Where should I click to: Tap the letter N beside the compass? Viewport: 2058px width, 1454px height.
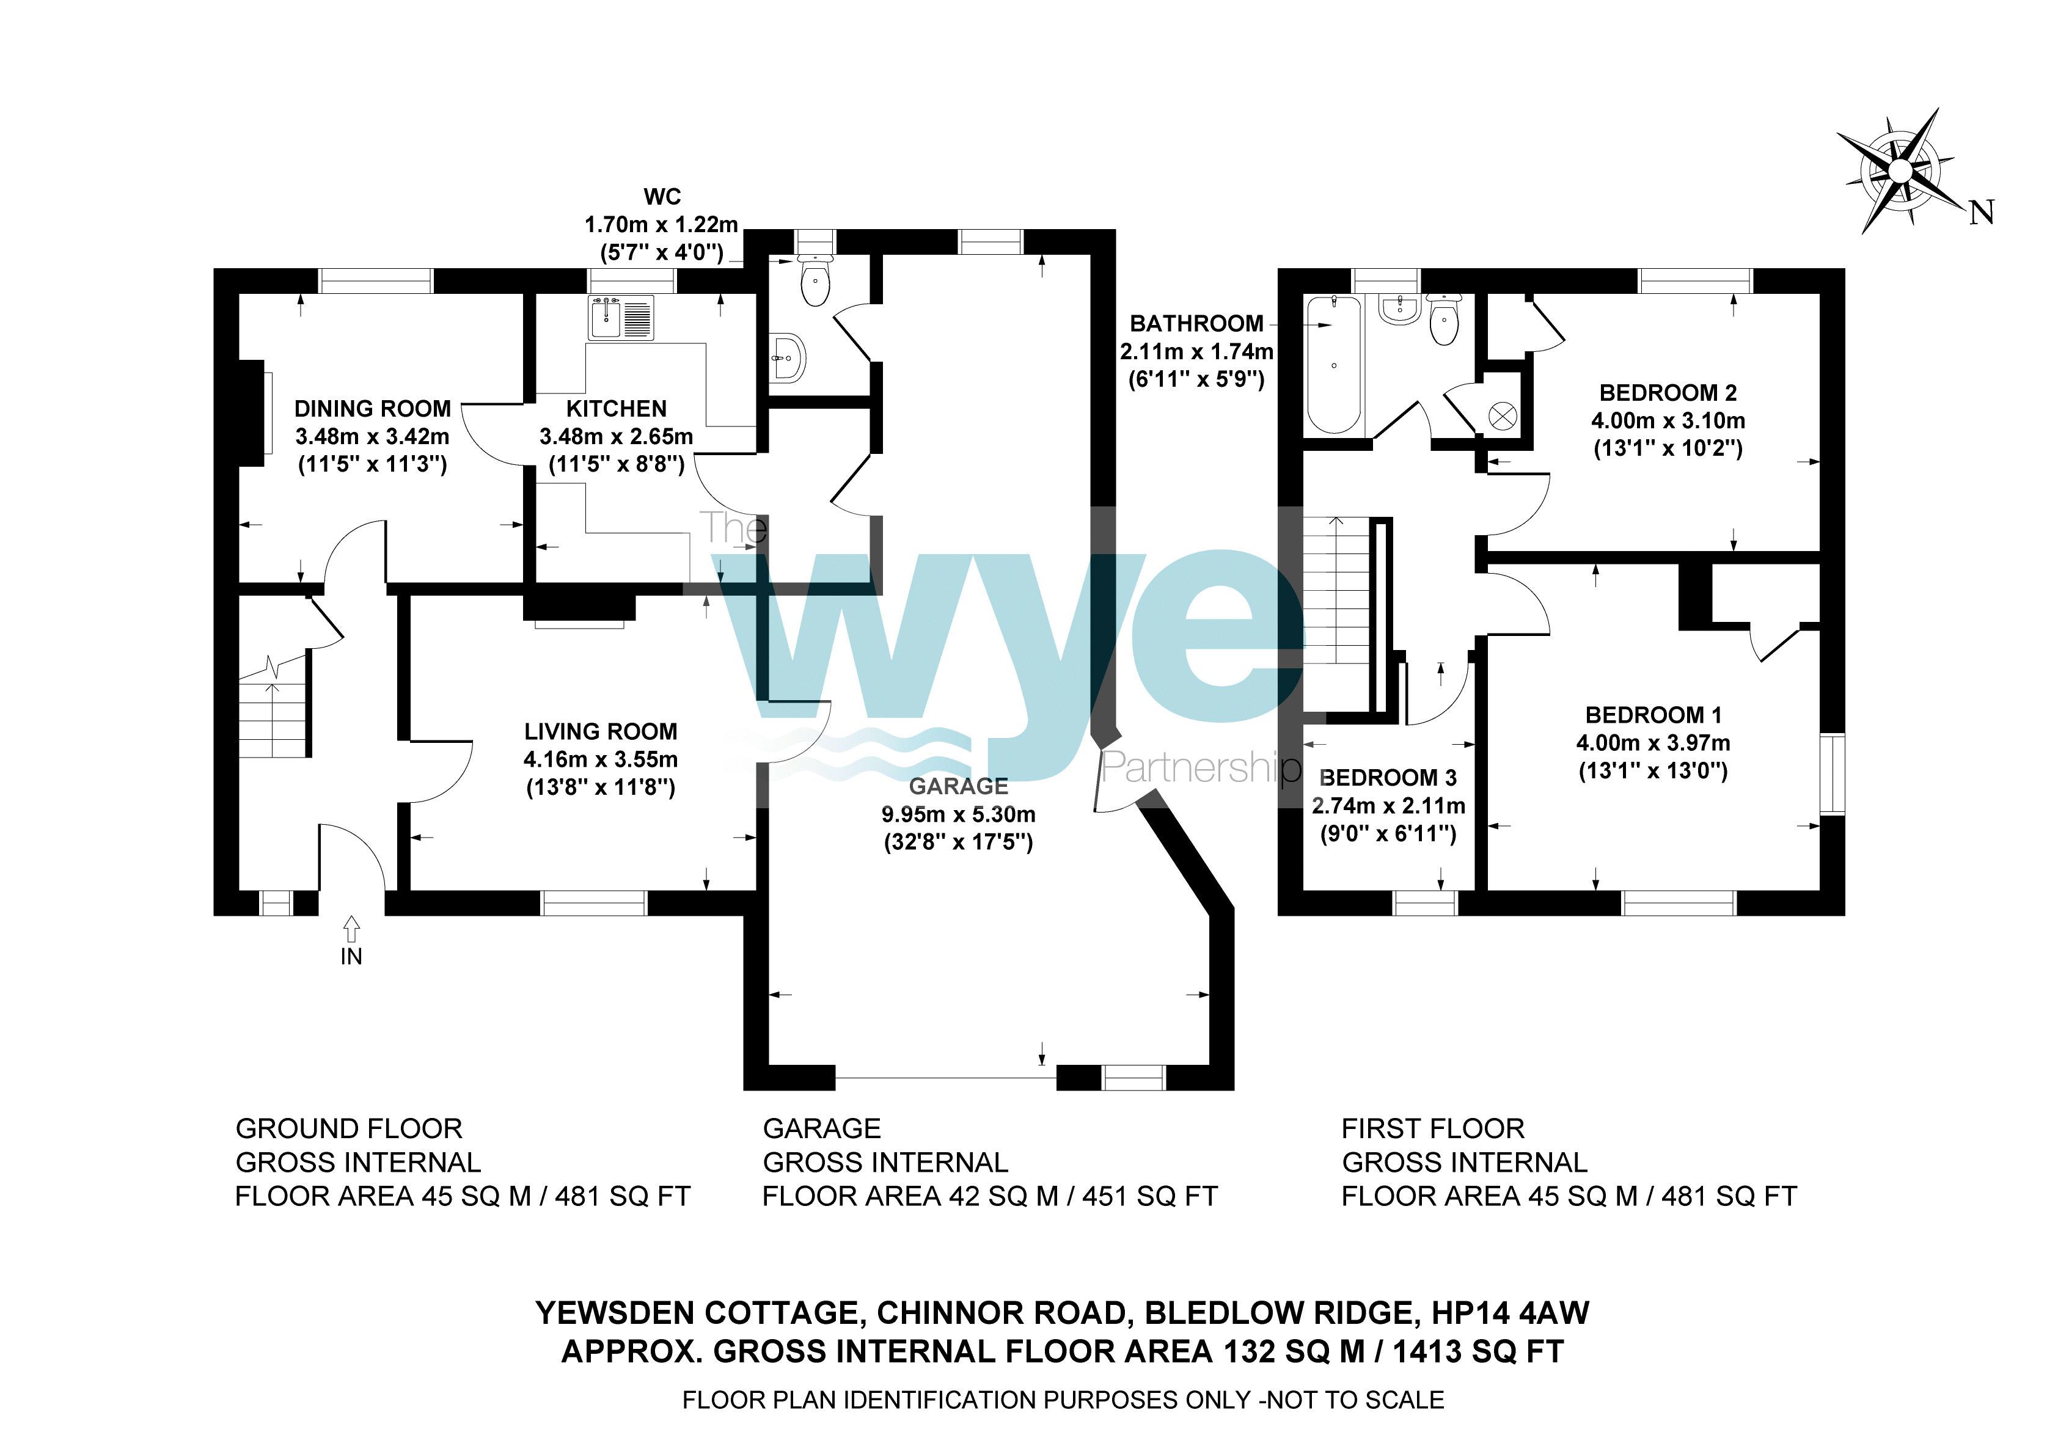pos(1982,213)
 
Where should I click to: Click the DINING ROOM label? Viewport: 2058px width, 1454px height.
pos(373,409)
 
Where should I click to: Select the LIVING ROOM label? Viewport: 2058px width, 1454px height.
pos(601,731)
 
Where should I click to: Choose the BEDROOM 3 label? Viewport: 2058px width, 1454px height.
pos(1388,777)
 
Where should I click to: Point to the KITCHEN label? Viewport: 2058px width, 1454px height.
pos(617,409)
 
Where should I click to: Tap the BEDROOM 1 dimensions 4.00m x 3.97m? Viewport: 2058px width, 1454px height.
pos(1653,743)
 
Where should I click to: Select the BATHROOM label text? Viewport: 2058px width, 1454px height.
pos(1196,324)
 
